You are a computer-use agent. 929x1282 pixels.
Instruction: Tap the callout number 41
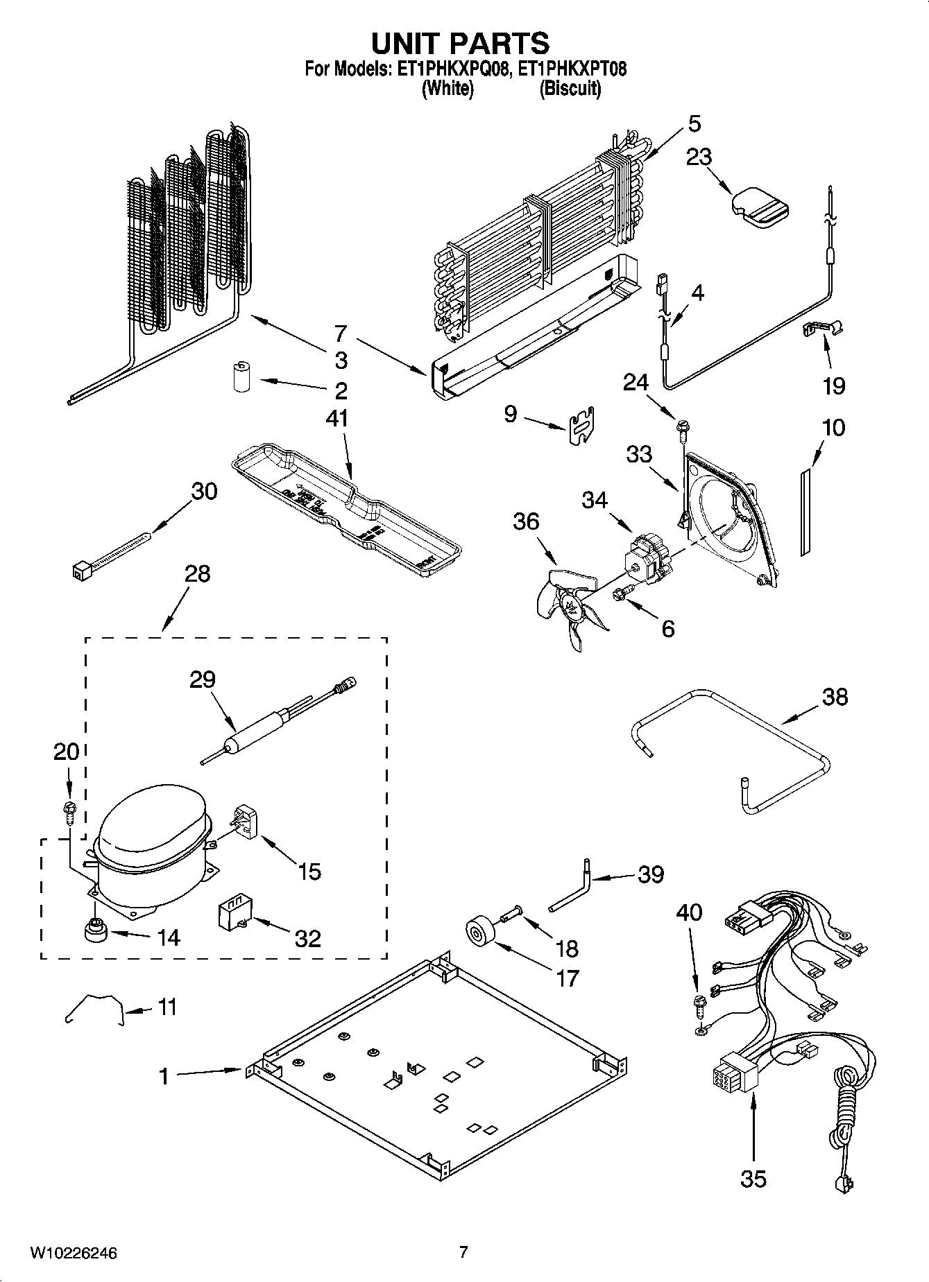pyautogui.click(x=336, y=419)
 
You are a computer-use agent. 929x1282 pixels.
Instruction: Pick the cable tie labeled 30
pyautogui.click(x=111, y=555)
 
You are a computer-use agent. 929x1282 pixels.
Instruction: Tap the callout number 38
pyautogui.click(x=834, y=696)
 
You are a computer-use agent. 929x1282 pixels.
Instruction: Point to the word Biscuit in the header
pyautogui.click(x=570, y=89)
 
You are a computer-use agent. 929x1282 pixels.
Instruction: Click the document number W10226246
pyautogui.click(x=73, y=1253)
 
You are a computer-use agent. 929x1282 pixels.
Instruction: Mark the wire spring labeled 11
pyautogui.click(x=94, y=1008)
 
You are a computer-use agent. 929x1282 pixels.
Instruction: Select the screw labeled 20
pyautogui.click(x=69, y=808)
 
